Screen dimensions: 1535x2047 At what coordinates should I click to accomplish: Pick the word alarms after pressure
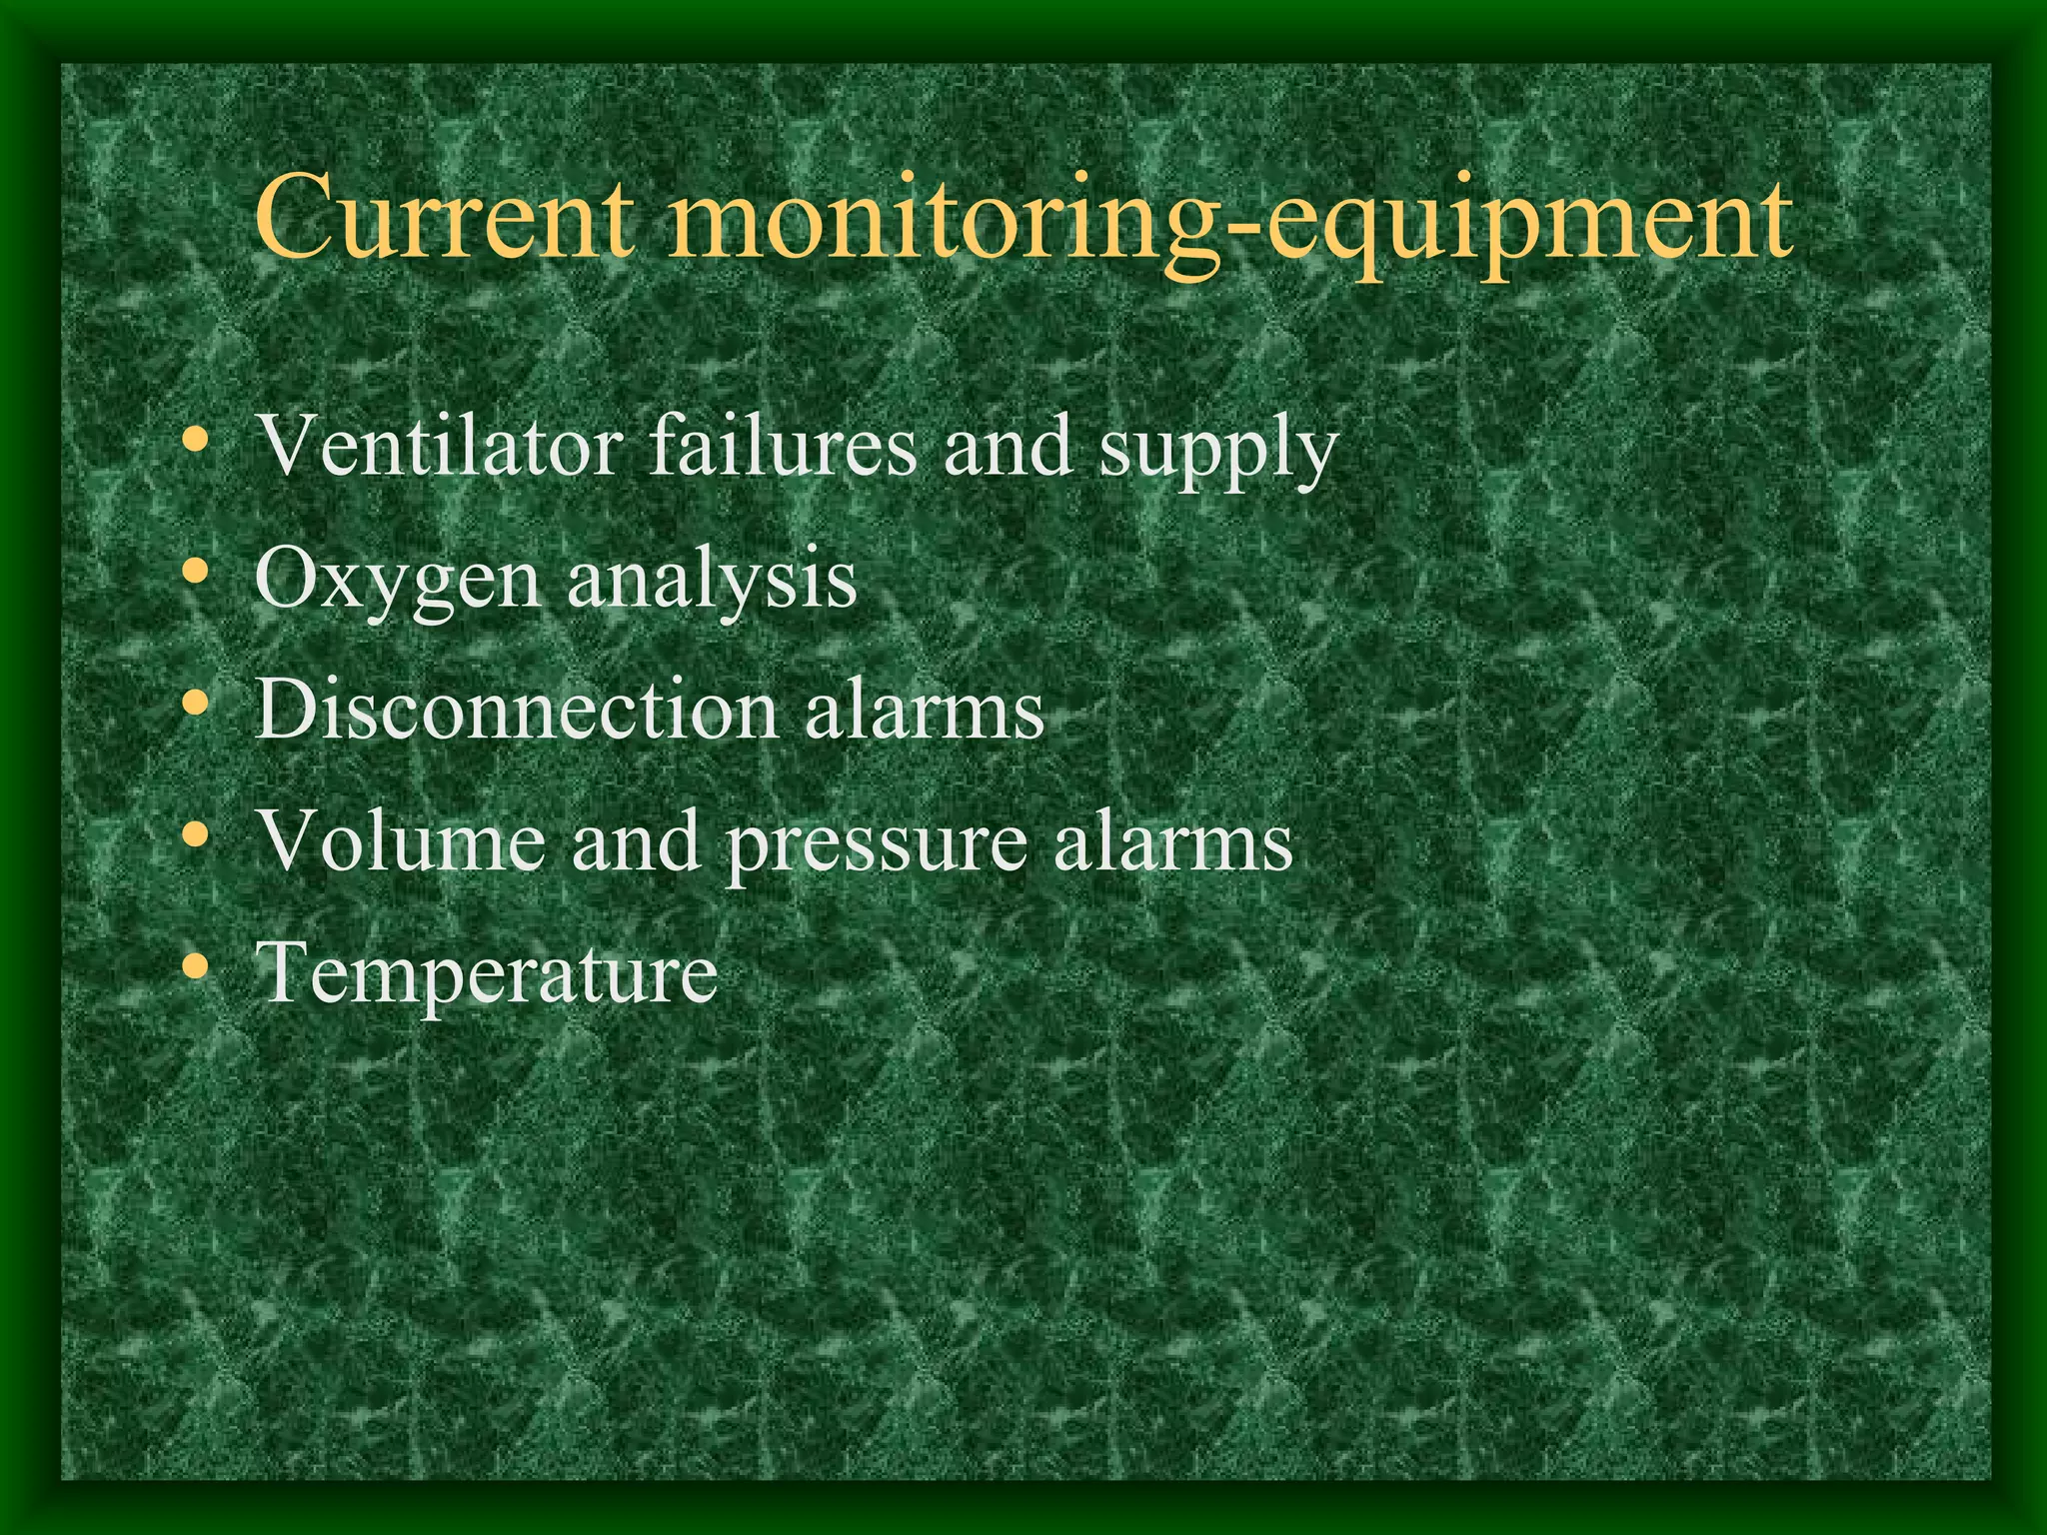(x=1173, y=841)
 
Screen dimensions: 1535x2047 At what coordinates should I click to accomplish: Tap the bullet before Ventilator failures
(x=197, y=439)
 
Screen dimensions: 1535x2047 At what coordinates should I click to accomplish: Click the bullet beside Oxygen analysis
(x=197, y=572)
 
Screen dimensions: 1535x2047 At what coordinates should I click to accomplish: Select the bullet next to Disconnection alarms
(x=197, y=704)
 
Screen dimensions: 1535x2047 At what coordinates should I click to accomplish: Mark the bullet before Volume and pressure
(x=197, y=834)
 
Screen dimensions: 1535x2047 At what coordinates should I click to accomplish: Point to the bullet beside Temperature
(x=197, y=966)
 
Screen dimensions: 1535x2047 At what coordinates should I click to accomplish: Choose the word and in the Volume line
(x=636, y=841)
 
